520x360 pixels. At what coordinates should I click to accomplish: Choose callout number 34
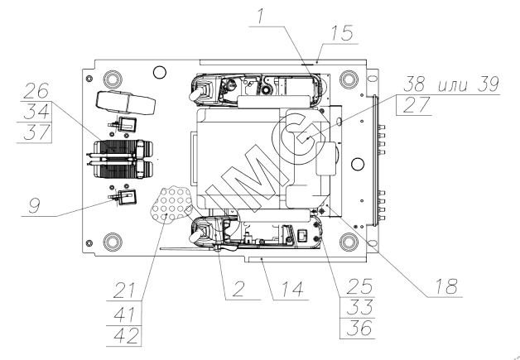click(36, 112)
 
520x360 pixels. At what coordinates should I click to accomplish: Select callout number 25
click(354, 286)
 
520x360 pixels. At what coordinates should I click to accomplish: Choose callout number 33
click(354, 306)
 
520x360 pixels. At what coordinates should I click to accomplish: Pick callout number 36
click(354, 328)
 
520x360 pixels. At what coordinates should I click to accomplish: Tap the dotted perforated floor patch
click(172, 203)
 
